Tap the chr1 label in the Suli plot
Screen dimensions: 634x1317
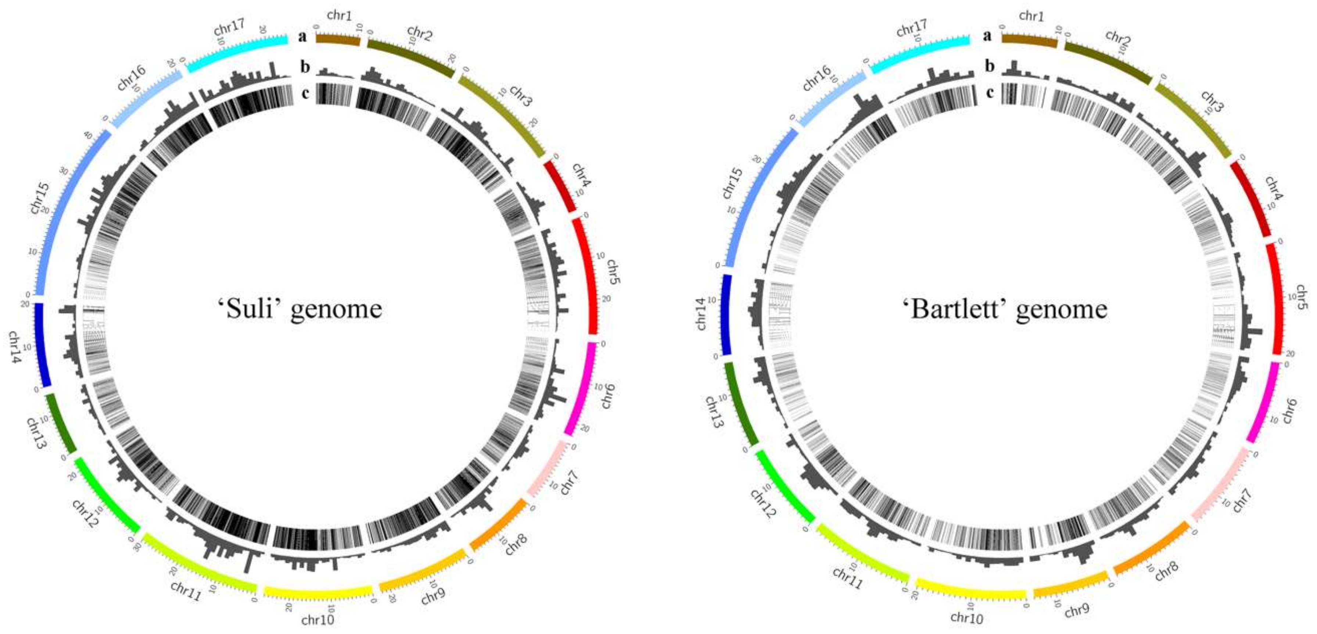tap(340, 16)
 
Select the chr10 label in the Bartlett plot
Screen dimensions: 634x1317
tap(966, 617)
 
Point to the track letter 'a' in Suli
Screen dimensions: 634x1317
tap(303, 36)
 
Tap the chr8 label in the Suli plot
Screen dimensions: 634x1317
tap(516, 544)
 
